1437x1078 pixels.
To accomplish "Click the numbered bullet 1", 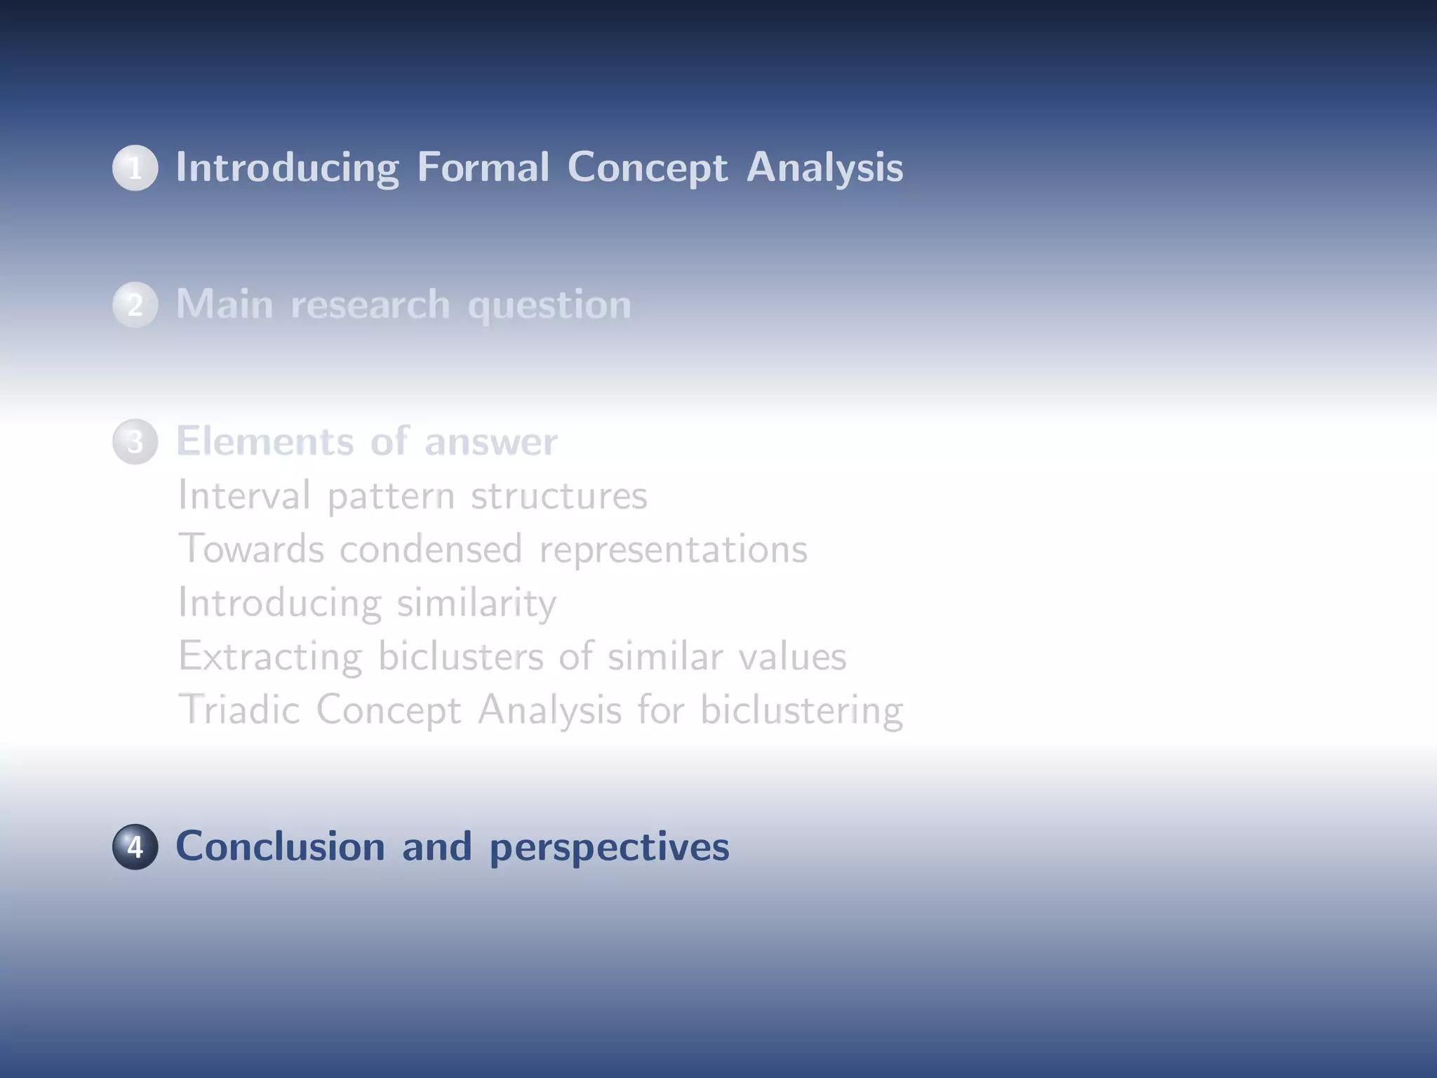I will [x=135, y=168].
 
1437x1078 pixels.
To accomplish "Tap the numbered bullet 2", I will [x=135, y=305].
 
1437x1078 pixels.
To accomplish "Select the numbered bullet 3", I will [x=135, y=441].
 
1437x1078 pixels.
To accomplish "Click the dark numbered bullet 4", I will [x=135, y=846].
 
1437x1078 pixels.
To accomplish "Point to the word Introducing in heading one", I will [x=287, y=168].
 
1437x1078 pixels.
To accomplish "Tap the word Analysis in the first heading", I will [x=824, y=168].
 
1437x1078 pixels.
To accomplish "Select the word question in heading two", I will [x=549, y=306].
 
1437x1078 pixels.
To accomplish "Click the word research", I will [x=370, y=305].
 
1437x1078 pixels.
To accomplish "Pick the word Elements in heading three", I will [x=265, y=441].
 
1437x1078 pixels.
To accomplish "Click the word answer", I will [x=490, y=442].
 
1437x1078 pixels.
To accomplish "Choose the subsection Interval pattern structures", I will [x=412, y=495].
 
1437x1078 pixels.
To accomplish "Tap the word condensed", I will [x=431, y=549].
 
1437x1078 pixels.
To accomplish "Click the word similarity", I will [x=476, y=603].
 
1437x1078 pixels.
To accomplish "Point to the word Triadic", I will [x=239, y=710].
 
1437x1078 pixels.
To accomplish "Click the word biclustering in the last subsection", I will [x=801, y=711].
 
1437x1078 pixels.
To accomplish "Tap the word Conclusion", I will [x=280, y=846].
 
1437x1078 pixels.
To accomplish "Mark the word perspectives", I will [x=609, y=848].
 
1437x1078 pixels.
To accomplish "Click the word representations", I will [x=673, y=550].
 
